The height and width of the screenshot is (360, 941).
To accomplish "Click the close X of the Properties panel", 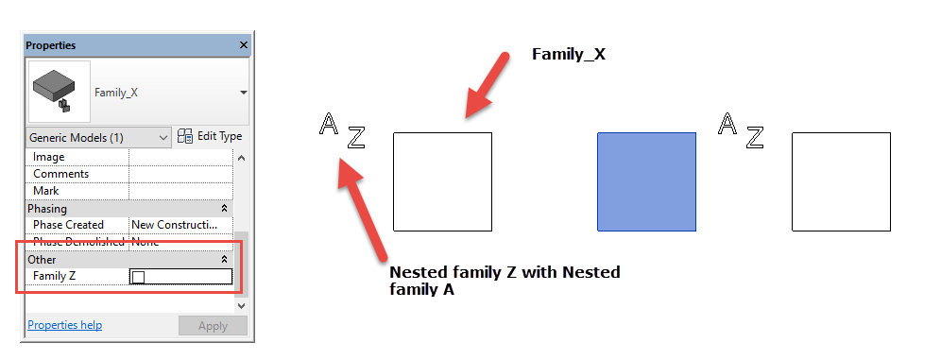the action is click(243, 45).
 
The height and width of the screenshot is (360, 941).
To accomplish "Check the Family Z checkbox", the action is click(139, 277).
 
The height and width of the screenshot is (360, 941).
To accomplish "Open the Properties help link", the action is click(64, 325).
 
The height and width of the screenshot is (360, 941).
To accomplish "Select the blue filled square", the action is click(646, 181).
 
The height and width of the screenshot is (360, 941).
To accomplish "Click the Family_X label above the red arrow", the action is click(568, 55).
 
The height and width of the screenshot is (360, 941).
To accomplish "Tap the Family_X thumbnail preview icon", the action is click(59, 92).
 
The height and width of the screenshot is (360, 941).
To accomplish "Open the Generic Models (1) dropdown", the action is click(99, 137).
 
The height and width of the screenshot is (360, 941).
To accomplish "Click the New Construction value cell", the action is click(180, 225).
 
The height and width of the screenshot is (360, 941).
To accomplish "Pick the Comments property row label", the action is click(60, 174).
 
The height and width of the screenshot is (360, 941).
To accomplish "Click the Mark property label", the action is click(47, 191).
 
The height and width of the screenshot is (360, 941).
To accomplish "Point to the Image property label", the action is click(48, 157).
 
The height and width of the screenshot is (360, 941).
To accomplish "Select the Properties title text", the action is click(50, 45).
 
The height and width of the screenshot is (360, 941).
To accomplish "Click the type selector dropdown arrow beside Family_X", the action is click(244, 93).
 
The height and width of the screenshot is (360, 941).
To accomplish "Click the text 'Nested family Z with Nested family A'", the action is click(505, 281).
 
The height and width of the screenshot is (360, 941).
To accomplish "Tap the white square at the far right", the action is click(840, 181).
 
